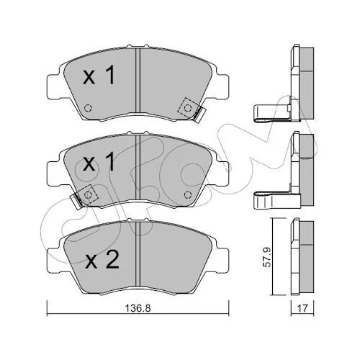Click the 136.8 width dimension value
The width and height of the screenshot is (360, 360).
138,308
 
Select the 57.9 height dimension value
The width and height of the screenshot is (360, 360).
267,257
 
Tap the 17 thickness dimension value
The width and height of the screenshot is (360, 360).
302,308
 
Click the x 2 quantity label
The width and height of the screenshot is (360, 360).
102,259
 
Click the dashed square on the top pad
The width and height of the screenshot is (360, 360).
187,108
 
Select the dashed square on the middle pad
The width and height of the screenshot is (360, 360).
88,194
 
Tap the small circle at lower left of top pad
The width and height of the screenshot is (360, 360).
88,108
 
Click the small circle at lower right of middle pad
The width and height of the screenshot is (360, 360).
187,194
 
